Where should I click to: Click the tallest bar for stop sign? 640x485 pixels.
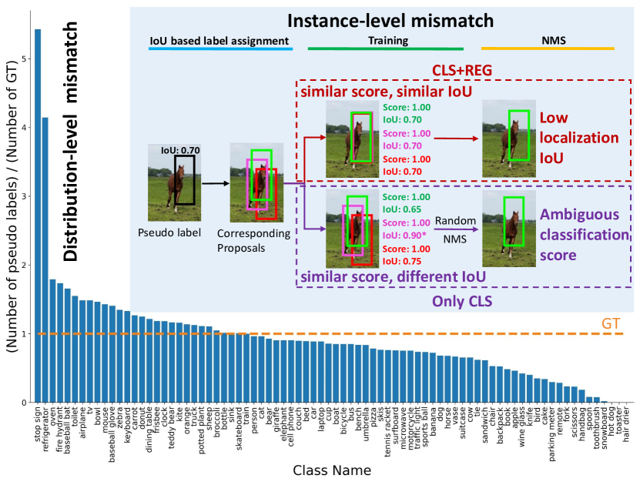[38, 216]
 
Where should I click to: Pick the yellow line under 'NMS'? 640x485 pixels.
[548, 49]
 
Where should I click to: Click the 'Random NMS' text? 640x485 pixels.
[451, 228]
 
